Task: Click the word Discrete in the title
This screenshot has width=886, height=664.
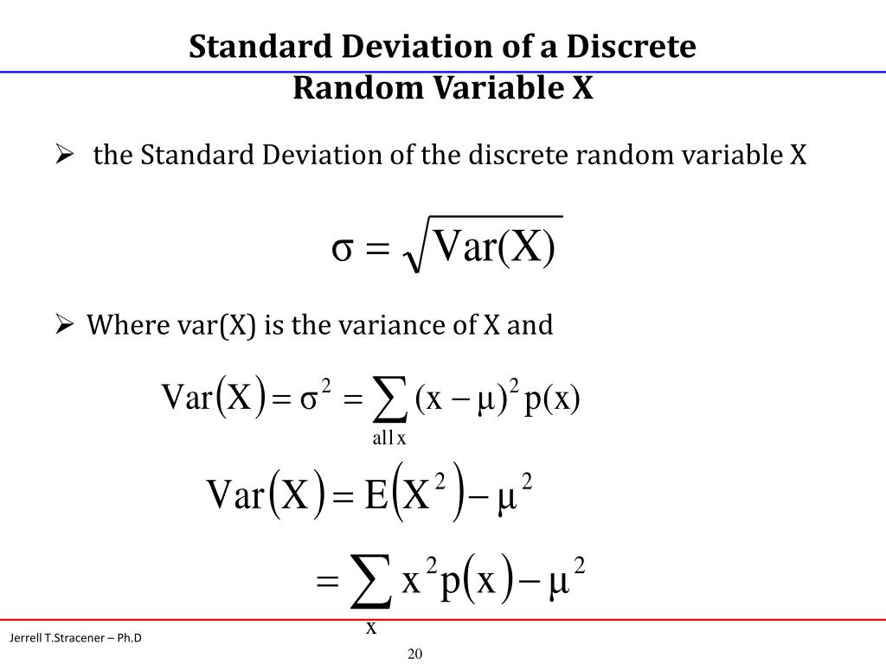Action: point(632,47)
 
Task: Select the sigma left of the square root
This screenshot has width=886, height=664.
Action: point(341,248)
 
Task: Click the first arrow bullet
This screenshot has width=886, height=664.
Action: point(63,156)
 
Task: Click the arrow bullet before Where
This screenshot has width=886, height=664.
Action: point(63,325)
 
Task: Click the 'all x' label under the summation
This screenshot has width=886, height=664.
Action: point(389,438)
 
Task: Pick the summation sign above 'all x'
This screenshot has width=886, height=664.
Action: point(388,399)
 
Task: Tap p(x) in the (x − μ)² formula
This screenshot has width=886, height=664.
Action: point(551,399)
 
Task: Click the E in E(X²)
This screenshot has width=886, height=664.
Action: point(376,495)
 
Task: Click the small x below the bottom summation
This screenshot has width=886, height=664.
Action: point(371,628)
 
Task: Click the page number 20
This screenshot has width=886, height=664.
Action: point(414,653)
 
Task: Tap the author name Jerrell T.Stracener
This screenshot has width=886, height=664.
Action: point(57,638)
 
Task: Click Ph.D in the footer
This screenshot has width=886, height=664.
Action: point(127,638)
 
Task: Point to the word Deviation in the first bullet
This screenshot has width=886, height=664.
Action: point(286,156)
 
